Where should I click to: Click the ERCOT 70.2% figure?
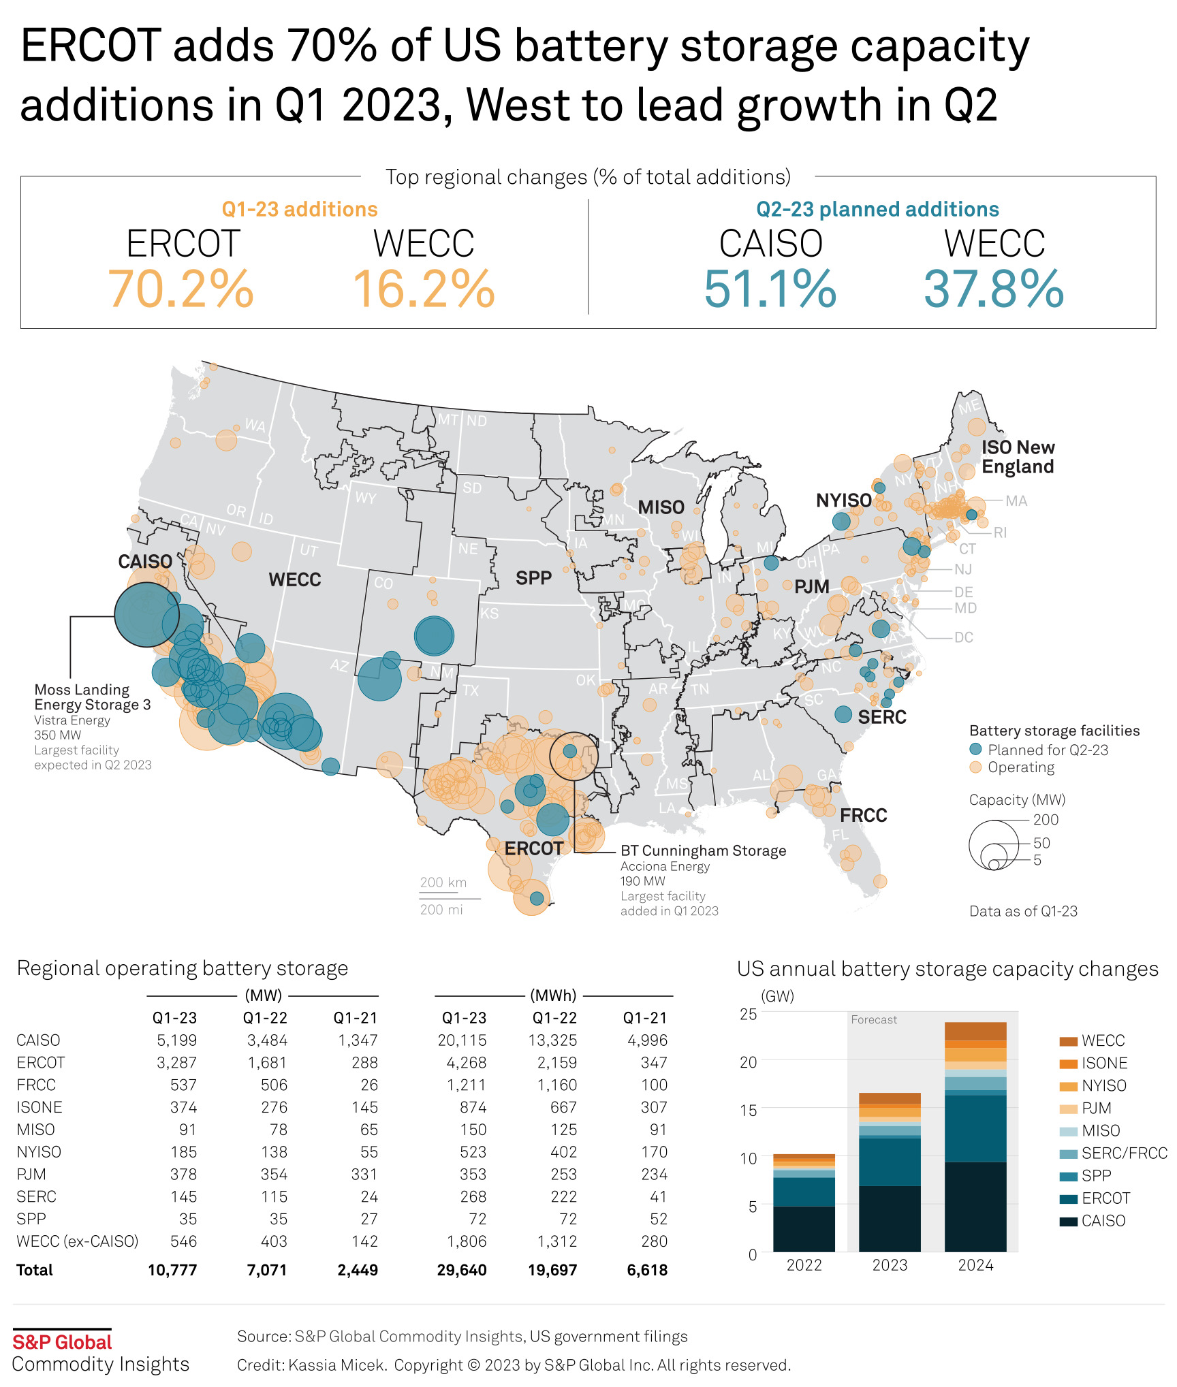[181, 289]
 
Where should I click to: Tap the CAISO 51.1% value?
[770, 289]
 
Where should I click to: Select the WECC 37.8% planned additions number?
[993, 289]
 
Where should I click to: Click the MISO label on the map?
[661, 507]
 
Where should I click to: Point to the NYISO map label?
[843, 500]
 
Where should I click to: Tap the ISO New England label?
[1018, 457]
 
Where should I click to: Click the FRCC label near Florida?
[863, 815]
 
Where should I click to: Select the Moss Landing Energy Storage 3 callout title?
[92, 697]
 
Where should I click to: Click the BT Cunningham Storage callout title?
[703, 850]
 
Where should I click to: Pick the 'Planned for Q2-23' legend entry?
[1048, 750]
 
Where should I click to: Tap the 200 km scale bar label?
[443, 882]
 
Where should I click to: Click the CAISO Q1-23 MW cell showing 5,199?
[176, 1040]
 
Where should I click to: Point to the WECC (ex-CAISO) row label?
[77, 1241]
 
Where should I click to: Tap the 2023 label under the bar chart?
[890, 1265]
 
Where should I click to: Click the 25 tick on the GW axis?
[748, 1014]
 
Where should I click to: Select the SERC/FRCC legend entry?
[1124, 1153]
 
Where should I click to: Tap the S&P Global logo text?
[62, 1342]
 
